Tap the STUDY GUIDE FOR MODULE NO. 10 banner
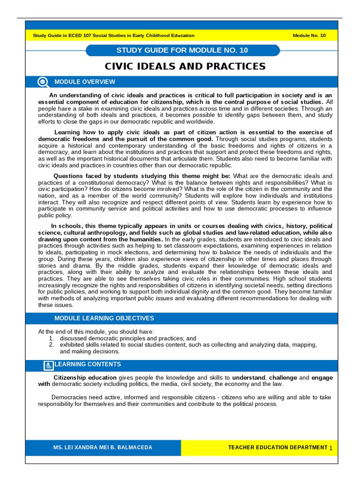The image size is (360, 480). [x=183, y=50]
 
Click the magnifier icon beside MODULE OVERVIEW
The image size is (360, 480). [x=43, y=82]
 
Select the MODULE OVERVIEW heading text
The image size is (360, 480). [x=84, y=82]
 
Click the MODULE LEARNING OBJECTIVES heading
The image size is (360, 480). [x=104, y=318]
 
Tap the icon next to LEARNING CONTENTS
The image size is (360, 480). [x=48, y=365]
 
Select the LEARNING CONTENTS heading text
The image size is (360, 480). [x=88, y=364]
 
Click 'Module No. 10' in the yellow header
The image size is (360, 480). [x=308, y=36]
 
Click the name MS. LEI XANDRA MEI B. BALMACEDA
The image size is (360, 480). [x=103, y=448]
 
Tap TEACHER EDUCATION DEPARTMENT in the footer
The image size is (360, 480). [x=277, y=448]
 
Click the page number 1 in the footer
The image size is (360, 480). [x=331, y=449]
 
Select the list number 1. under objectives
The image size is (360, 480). [x=52, y=338]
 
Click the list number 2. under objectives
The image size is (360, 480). [x=52, y=345]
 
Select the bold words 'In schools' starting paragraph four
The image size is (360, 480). [x=64, y=226]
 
